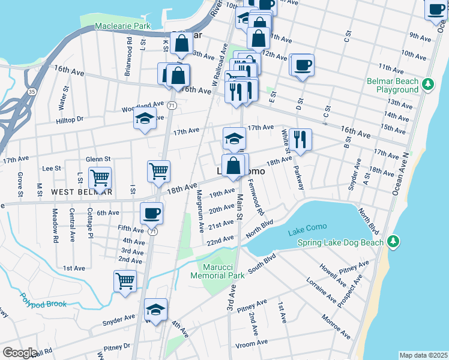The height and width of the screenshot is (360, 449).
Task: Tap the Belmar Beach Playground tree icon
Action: (x=428, y=83)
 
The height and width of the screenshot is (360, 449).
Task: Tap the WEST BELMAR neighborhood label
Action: (x=82, y=192)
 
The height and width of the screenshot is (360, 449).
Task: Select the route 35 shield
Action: (x=31, y=92)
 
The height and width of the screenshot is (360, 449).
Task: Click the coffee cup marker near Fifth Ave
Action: (x=151, y=212)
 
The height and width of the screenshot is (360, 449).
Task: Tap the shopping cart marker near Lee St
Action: (x=100, y=178)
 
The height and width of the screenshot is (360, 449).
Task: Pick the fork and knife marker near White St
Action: (x=300, y=139)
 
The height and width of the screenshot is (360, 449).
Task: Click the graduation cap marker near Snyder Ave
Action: (x=156, y=309)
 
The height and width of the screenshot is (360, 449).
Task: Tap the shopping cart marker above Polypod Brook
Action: (x=125, y=280)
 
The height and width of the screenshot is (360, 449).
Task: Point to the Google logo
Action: (x=20, y=353)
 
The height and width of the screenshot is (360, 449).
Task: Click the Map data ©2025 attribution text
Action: (x=423, y=355)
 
